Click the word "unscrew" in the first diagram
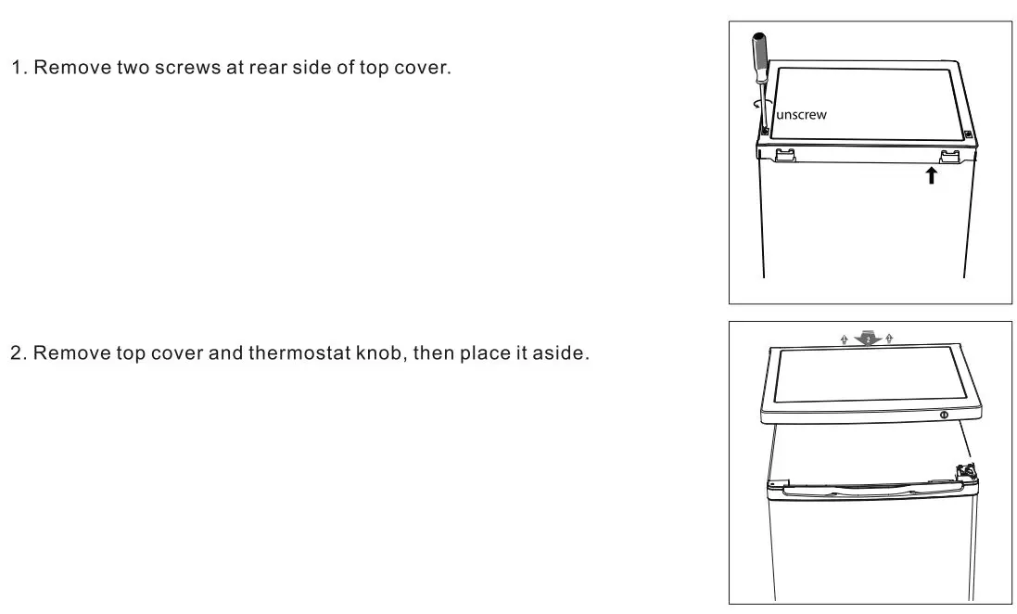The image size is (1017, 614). [x=800, y=115]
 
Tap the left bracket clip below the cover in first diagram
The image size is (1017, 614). [x=784, y=155]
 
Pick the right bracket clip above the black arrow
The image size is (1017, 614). [x=951, y=156]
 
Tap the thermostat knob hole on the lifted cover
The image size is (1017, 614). [x=943, y=415]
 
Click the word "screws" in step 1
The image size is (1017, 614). [x=187, y=70]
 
